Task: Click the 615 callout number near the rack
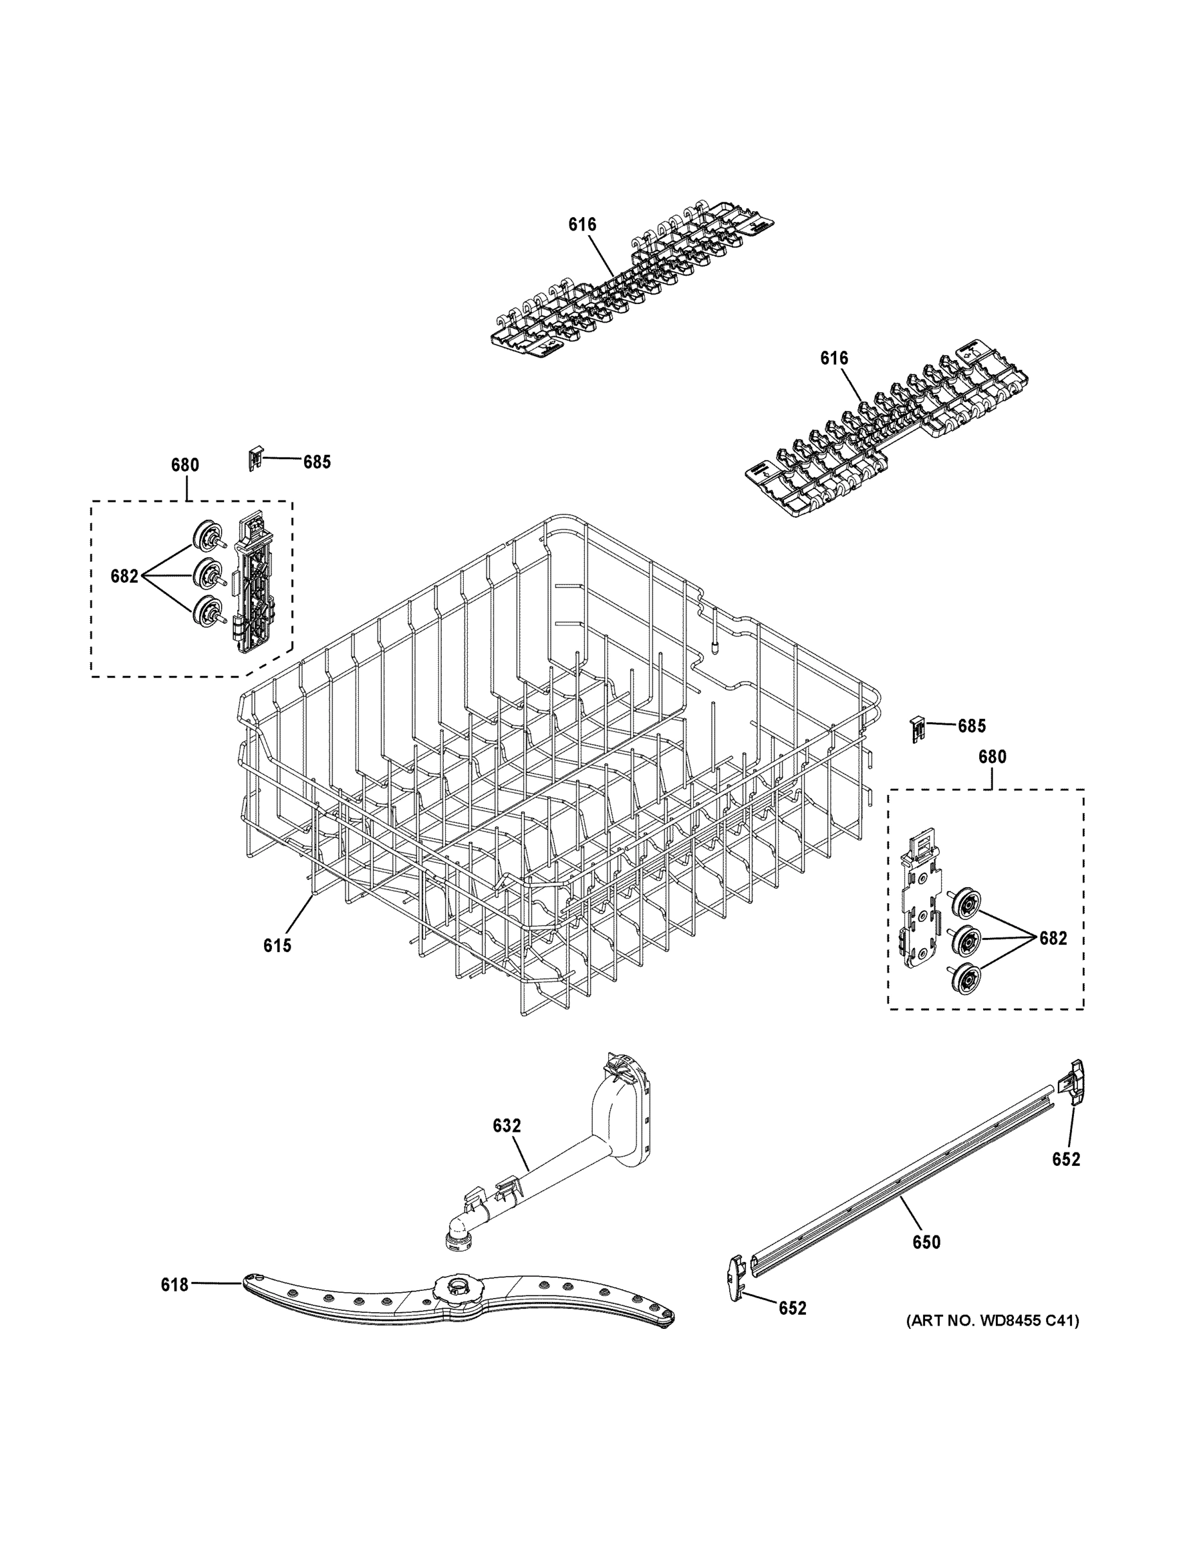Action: coord(278,945)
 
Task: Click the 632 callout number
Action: coord(507,1125)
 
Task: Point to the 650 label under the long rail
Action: coord(926,1241)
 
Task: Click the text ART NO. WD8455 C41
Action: coord(993,1320)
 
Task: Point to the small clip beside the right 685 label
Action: coord(917,728)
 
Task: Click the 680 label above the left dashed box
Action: coord(185,465)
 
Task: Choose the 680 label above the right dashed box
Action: coord(992,757)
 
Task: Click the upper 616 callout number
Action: coord(582,224)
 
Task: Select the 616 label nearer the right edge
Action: coord(834,358)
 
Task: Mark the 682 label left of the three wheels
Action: coord(124,577)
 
